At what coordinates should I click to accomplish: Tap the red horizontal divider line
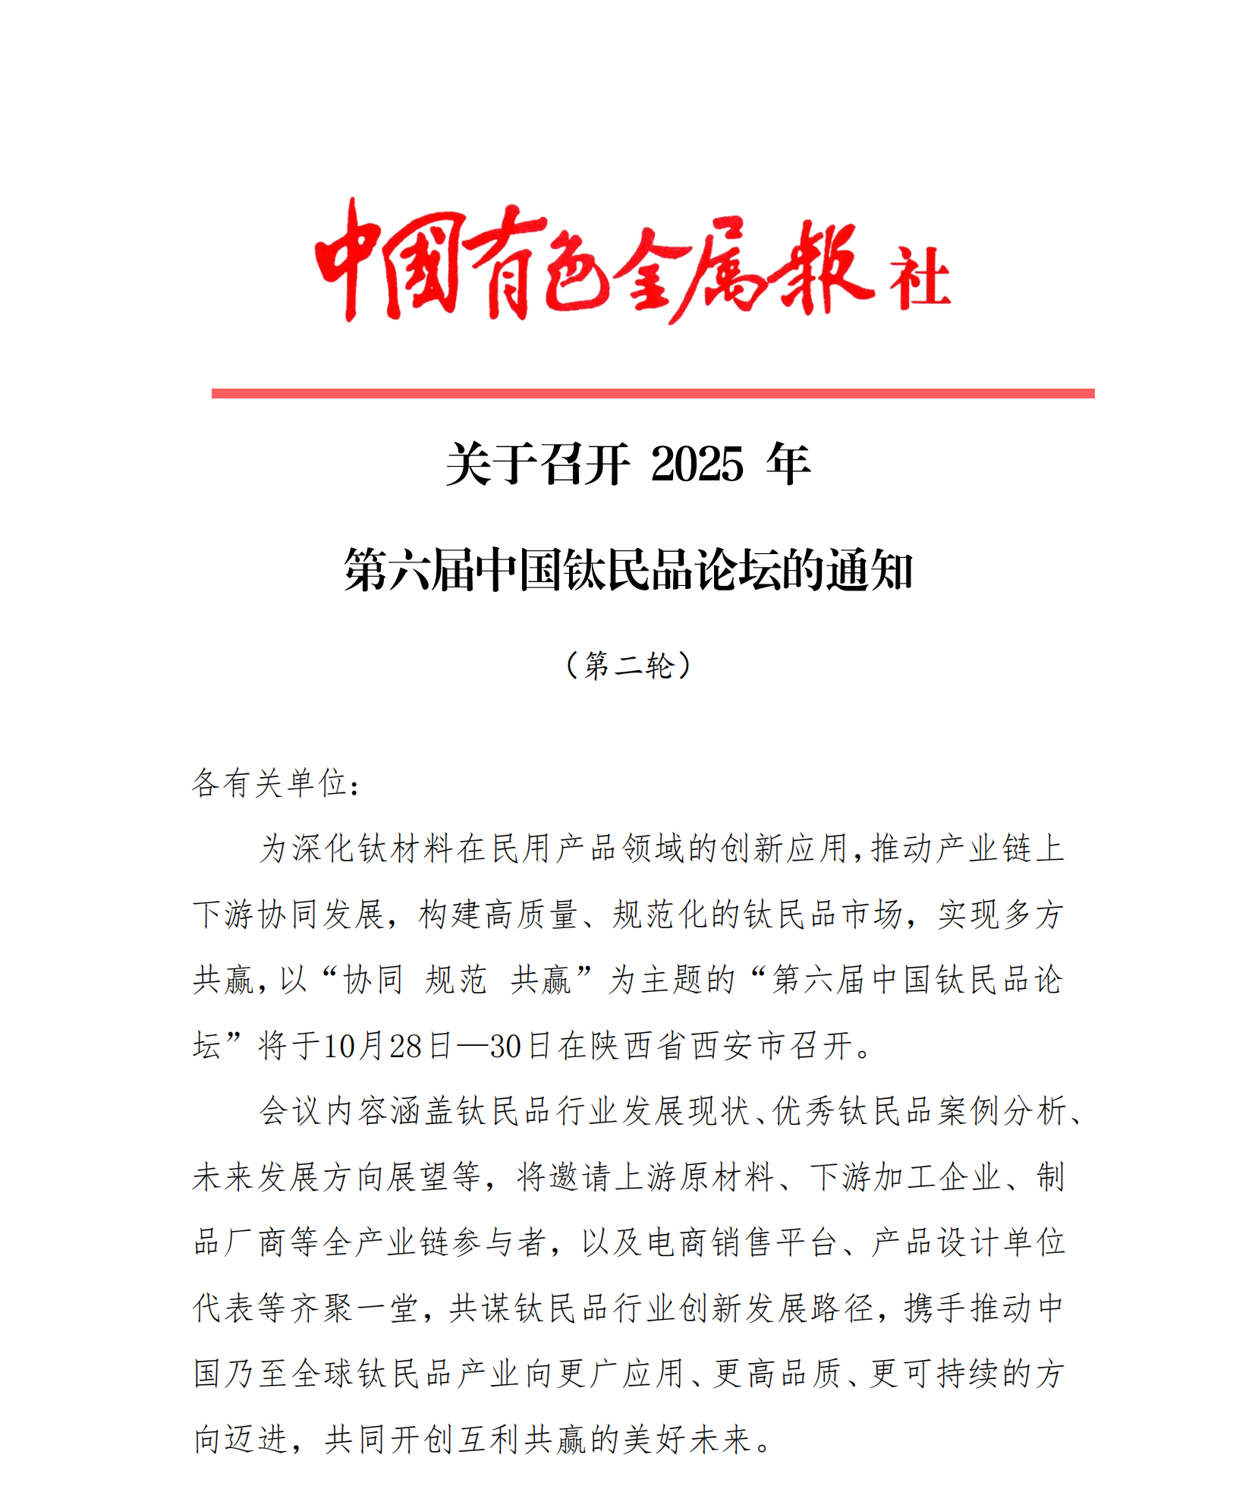click(x=653, y=393)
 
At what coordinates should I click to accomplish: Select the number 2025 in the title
click(x=697, y=464)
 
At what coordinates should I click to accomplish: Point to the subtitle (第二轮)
click(x=628, y=666)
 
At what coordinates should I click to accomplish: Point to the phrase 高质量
click(x=531, y=915)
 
